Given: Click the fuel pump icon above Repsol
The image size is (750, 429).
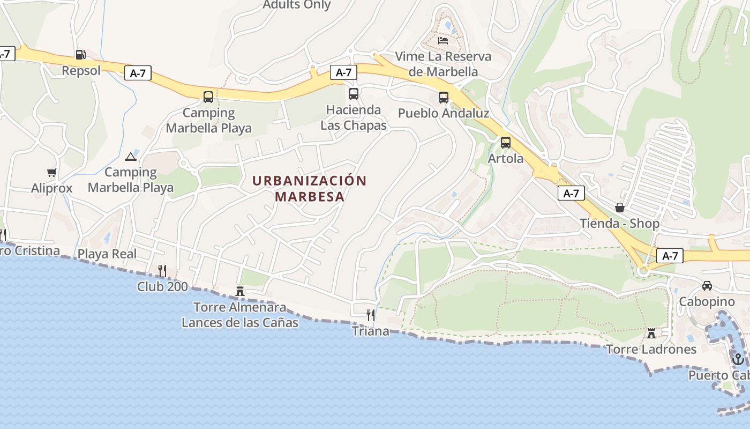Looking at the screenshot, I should coord(80,54).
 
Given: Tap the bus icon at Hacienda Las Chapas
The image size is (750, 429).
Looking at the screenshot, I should coord(354,94).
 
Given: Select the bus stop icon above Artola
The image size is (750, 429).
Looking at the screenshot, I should coord(506,143).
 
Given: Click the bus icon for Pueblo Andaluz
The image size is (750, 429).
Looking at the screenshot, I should coord(444,98).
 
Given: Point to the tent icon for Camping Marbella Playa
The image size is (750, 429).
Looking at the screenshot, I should coord(131,157).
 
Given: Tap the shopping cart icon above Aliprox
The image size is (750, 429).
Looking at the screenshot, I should coord(52,173).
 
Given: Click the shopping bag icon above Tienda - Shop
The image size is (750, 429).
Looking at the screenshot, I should coord(620,208).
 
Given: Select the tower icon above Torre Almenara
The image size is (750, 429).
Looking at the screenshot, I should coord(240,291).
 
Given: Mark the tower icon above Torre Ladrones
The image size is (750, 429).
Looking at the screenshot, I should coord(651,334).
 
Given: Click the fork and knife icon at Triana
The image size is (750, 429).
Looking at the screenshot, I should coord(370,315).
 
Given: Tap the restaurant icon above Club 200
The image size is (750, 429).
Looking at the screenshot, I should coord(162,271).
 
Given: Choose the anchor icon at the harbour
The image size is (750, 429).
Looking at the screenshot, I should coord(738,359).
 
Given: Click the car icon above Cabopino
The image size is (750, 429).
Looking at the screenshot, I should coord(707,286).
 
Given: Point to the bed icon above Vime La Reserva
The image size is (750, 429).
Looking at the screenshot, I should coord(443,40).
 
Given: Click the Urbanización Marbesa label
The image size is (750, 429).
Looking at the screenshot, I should coord(310,188).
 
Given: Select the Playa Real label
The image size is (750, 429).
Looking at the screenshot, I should coord(107,254).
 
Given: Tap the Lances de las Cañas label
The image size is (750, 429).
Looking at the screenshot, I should coord(240,323).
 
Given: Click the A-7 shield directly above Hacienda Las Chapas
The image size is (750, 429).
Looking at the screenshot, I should coord(343,72).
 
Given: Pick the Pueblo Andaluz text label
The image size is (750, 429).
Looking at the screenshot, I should coord(444,114).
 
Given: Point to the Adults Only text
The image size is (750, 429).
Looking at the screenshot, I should coord(297,5).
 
